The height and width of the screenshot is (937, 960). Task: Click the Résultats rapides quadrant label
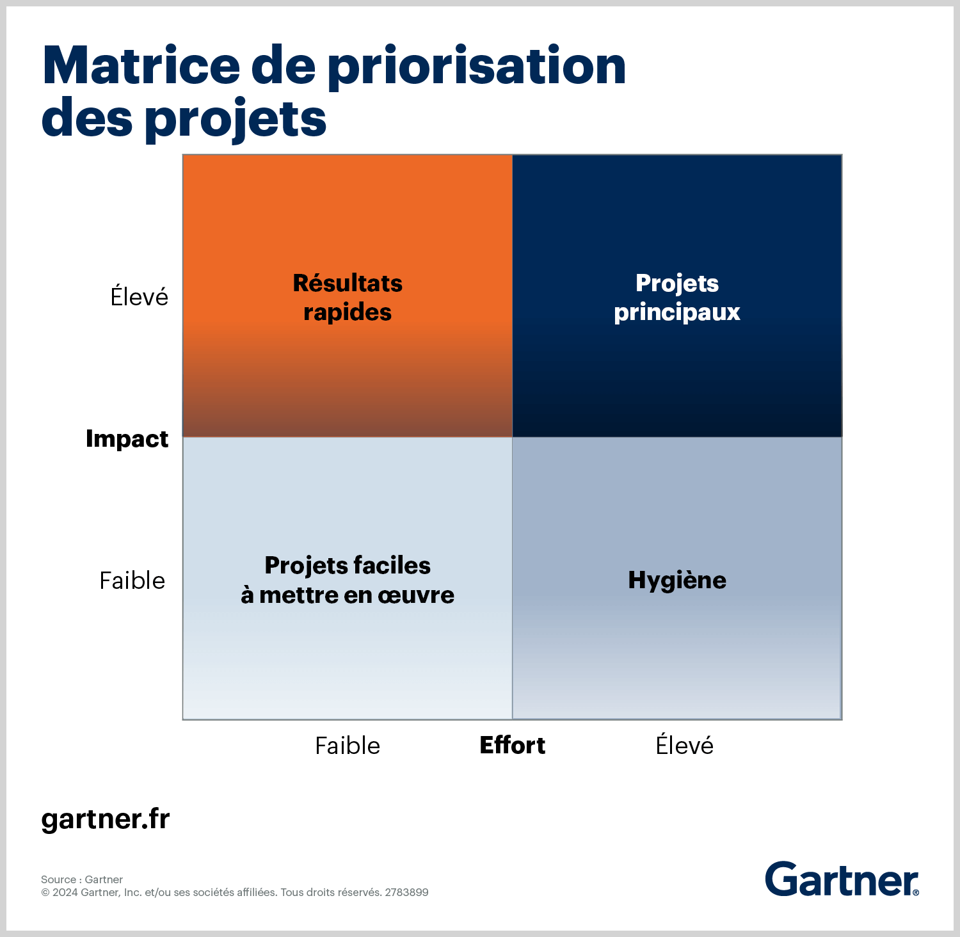[348, 298]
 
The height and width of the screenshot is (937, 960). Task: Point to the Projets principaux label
[677, 298]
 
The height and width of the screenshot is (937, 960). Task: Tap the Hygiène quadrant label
[677, 581]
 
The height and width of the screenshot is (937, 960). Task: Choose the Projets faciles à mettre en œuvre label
[348, 581]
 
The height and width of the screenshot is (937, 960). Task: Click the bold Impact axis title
[127, 440]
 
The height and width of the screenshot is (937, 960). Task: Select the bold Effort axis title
[513, 746]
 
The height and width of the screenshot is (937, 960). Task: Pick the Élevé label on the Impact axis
[140, 296]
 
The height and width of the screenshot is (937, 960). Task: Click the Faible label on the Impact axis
[132, 581]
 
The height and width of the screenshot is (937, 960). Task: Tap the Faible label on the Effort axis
[348, 746]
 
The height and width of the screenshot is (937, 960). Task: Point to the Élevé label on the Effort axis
[685, 745]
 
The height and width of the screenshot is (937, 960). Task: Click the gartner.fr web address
[106, 820]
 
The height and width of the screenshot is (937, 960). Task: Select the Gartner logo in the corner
[842, 879]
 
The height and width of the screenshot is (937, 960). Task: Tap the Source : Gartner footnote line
[82, 879]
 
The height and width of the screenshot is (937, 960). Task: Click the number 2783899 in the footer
[406, 892]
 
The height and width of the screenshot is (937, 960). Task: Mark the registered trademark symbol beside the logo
[916, 892]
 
